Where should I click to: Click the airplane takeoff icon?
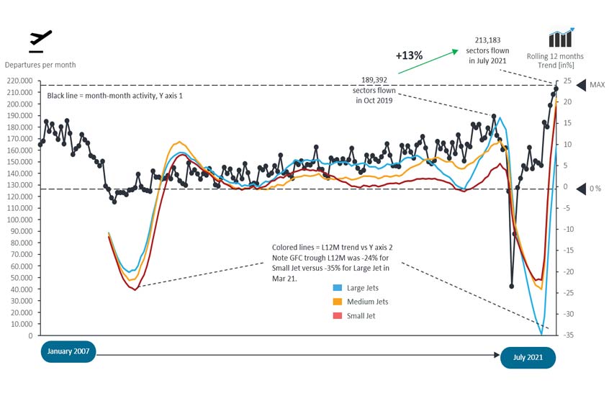(40, 41)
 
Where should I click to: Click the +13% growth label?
(409, 55)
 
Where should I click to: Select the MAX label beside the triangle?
(597, 85)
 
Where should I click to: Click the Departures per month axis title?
(40, 65)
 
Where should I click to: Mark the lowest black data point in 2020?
(511, 286)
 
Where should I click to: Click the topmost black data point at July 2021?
(556, 89)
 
